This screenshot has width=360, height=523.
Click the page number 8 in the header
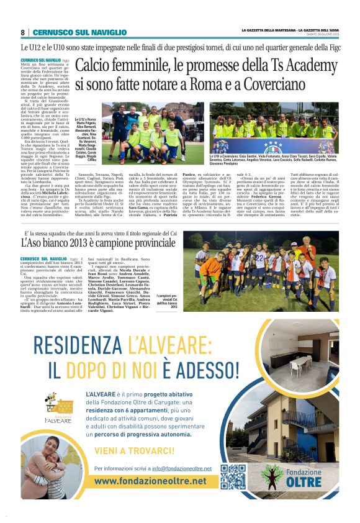23,32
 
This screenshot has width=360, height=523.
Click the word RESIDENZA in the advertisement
77,343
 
